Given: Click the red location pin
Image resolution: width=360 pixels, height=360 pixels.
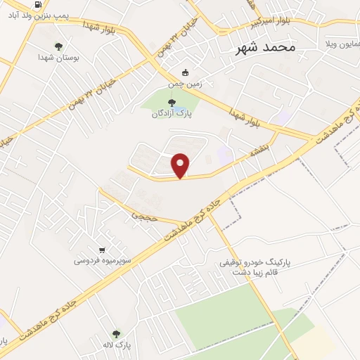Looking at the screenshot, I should pos(181,165).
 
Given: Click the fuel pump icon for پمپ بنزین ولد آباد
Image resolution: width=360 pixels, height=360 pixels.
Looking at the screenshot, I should pos(37,4).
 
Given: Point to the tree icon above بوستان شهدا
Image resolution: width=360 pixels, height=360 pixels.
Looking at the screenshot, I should pos(58,46).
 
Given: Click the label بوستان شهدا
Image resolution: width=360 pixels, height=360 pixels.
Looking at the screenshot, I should pos(58,58).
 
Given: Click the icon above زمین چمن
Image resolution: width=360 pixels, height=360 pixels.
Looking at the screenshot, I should pos(185,72).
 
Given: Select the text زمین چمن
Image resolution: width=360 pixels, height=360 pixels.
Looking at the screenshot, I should pos(185,83).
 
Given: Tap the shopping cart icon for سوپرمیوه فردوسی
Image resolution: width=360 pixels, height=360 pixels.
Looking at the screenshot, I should pos(103,250).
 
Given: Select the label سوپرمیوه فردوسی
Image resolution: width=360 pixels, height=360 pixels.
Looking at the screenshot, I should pos(103,261).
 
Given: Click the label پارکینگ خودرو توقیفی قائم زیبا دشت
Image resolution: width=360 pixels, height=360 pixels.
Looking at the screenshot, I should pos(254,266).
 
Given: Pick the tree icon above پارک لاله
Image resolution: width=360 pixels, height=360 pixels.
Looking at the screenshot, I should pos(115,333).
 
